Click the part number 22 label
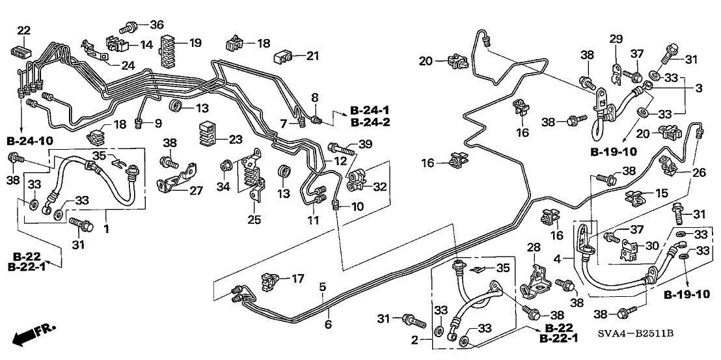pyautogui.click(x=23, y=30)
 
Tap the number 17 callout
pyautogui.click(x=297, y=279)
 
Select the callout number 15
pyautogui.click(x=662, y=193)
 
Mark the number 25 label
pyautogui.click(x=254, y=219)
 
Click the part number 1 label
pyautogui.click(x=106, y=230)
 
